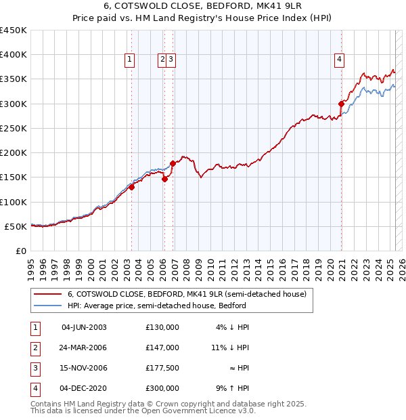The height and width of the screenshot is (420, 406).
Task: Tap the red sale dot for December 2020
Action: tap(341, 104)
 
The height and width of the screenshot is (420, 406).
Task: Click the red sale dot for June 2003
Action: tap(132, 188)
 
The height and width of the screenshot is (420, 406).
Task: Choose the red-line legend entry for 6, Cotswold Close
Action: tap(187, 294)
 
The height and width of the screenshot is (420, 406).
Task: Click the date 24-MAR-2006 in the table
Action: tap(84, 348)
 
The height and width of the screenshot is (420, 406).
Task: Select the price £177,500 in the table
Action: tap(162, 368)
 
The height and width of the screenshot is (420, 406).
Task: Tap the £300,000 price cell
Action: tap(162, 388)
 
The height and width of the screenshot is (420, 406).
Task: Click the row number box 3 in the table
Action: tap(35, 368)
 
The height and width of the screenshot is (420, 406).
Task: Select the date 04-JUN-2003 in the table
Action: tap(84, 327)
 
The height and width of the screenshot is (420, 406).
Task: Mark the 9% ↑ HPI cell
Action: tap(232, 388)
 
